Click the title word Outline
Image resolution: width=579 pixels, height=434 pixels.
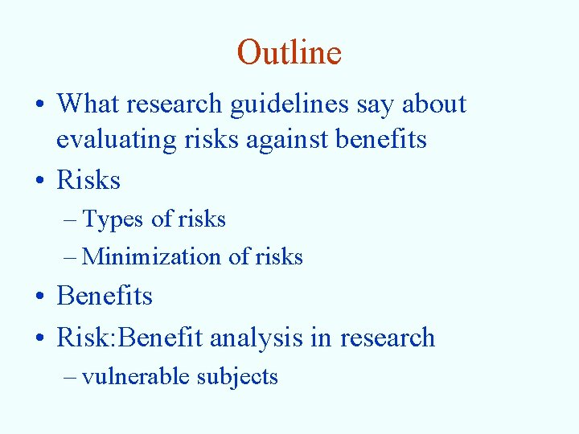(x=289, y=53)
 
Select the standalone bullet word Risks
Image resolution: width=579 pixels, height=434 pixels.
(x=88, y=180)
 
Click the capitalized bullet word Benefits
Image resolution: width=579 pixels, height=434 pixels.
(x=105, y=296)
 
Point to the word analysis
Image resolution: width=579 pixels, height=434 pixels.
(x=248, y=338)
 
